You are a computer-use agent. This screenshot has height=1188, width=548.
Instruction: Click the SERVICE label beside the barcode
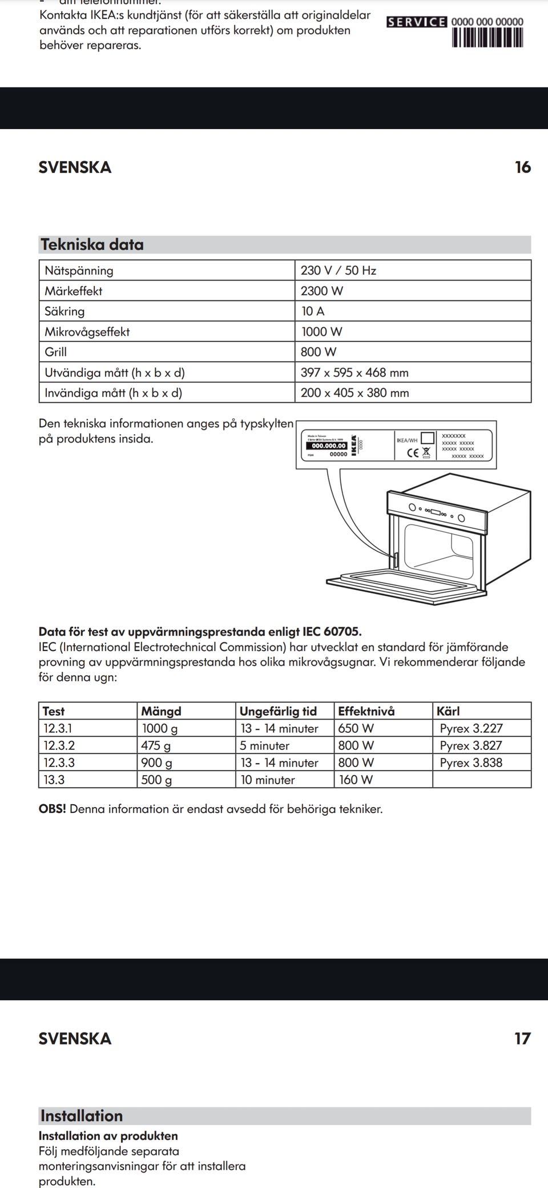417,22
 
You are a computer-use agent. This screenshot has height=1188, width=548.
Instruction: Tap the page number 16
522,167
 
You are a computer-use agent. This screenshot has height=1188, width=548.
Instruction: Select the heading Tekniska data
92,244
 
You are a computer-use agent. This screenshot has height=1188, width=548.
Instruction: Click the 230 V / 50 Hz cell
339,271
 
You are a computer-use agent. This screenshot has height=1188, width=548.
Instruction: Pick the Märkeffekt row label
74,291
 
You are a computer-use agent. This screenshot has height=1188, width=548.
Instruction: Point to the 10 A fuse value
313,311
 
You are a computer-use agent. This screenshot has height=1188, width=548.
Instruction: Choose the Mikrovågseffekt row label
87,332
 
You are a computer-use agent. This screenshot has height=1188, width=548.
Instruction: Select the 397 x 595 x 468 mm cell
354,373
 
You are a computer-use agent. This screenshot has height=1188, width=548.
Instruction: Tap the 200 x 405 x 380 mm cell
354,393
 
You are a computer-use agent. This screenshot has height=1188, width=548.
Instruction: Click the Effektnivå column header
366,711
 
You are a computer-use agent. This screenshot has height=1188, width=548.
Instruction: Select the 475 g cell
156,746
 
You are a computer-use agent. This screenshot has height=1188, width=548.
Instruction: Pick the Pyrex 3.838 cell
471,763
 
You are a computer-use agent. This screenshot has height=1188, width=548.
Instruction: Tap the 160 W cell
356,780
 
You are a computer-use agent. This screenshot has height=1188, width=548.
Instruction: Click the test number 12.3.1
58,729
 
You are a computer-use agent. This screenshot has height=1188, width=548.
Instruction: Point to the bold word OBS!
52,809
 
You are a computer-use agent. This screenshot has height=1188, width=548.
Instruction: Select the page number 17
522,1038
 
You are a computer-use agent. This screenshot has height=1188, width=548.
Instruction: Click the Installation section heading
82,1116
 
